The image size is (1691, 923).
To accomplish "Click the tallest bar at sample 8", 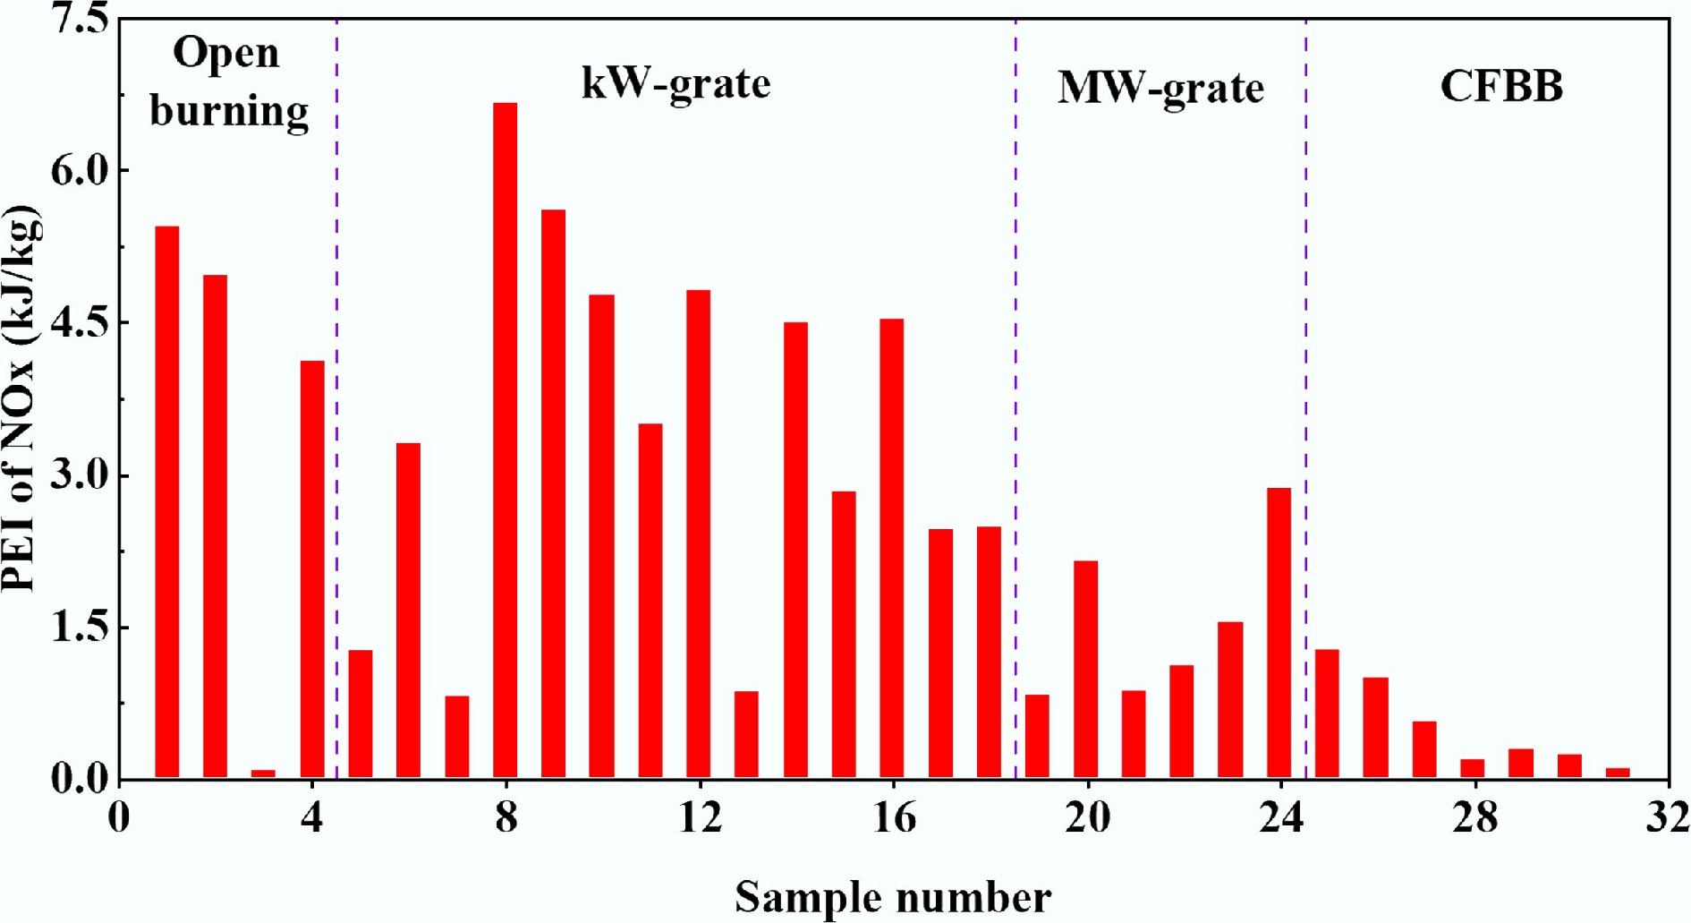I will [x=505, y=439].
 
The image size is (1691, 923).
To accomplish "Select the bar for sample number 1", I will [x=166, y=501].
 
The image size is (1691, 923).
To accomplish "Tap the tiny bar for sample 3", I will [x=263, y=773].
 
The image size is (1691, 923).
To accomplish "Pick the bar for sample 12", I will [x=698, y=534].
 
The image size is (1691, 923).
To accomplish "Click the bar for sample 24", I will [x=1279, y=632].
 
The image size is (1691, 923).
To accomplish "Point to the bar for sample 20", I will [x=1085, y=669].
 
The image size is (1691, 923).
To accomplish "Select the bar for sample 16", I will [x=891, y=548].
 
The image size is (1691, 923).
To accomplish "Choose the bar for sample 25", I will [x=1327, y=714].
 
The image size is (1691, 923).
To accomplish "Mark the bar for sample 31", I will [x=1618, y=773].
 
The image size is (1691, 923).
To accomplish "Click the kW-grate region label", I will [x=676, y=84].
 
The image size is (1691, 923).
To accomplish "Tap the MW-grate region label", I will [x=1160, y=88].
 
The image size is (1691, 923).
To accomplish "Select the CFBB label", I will [x=1501, y=87].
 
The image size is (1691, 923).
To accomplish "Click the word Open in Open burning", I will [x=225, y=54].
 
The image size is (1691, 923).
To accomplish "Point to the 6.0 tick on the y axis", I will [x=79, y=170].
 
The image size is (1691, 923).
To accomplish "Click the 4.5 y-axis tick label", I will [x=79, y=322].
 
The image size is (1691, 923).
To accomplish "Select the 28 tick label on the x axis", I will [x=1474, y=817].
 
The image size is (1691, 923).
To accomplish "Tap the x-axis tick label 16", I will [x=894, y=817].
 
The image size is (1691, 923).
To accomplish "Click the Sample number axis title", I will [x=893, y=897].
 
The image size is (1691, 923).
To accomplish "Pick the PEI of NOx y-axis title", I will [x=20, y=398].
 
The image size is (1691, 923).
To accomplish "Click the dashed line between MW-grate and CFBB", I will [x=1305, y=358].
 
